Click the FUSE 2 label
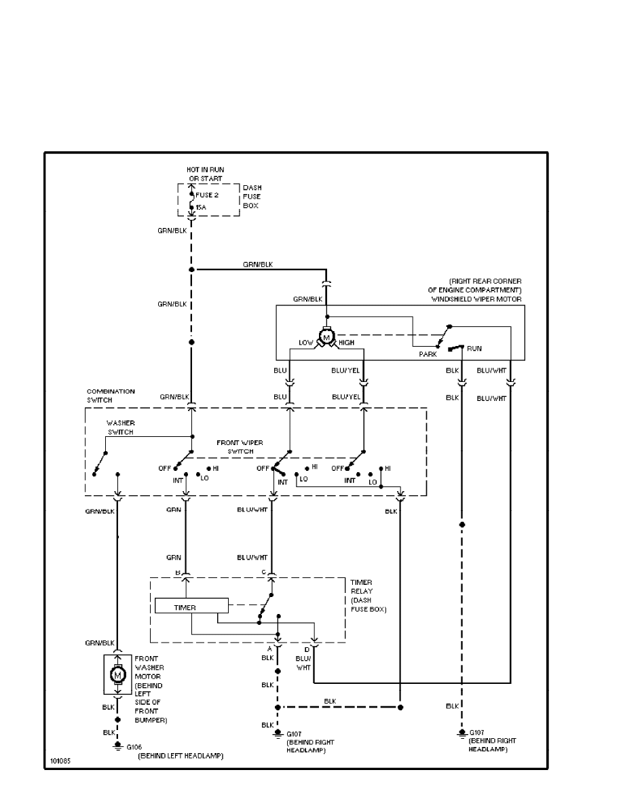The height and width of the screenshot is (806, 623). point(207,195)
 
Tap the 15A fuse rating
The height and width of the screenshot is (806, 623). point(200,207)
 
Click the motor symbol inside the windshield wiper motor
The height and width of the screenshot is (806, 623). point(326,337)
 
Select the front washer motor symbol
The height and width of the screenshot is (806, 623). point(117,674)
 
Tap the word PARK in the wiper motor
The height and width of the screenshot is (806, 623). point(428,353)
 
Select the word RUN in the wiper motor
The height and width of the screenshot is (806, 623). point(474,348)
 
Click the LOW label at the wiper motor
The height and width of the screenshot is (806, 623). point(306,343)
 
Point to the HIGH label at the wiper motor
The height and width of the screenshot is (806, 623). point(347,343)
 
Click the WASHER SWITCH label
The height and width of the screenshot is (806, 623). point(120,427)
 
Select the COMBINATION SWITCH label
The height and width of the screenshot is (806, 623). point(111,396)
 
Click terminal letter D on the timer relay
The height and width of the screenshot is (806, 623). point(307,650)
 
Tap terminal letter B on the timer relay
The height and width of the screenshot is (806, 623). point(178,572)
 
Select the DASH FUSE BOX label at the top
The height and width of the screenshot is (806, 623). point(252,196)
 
